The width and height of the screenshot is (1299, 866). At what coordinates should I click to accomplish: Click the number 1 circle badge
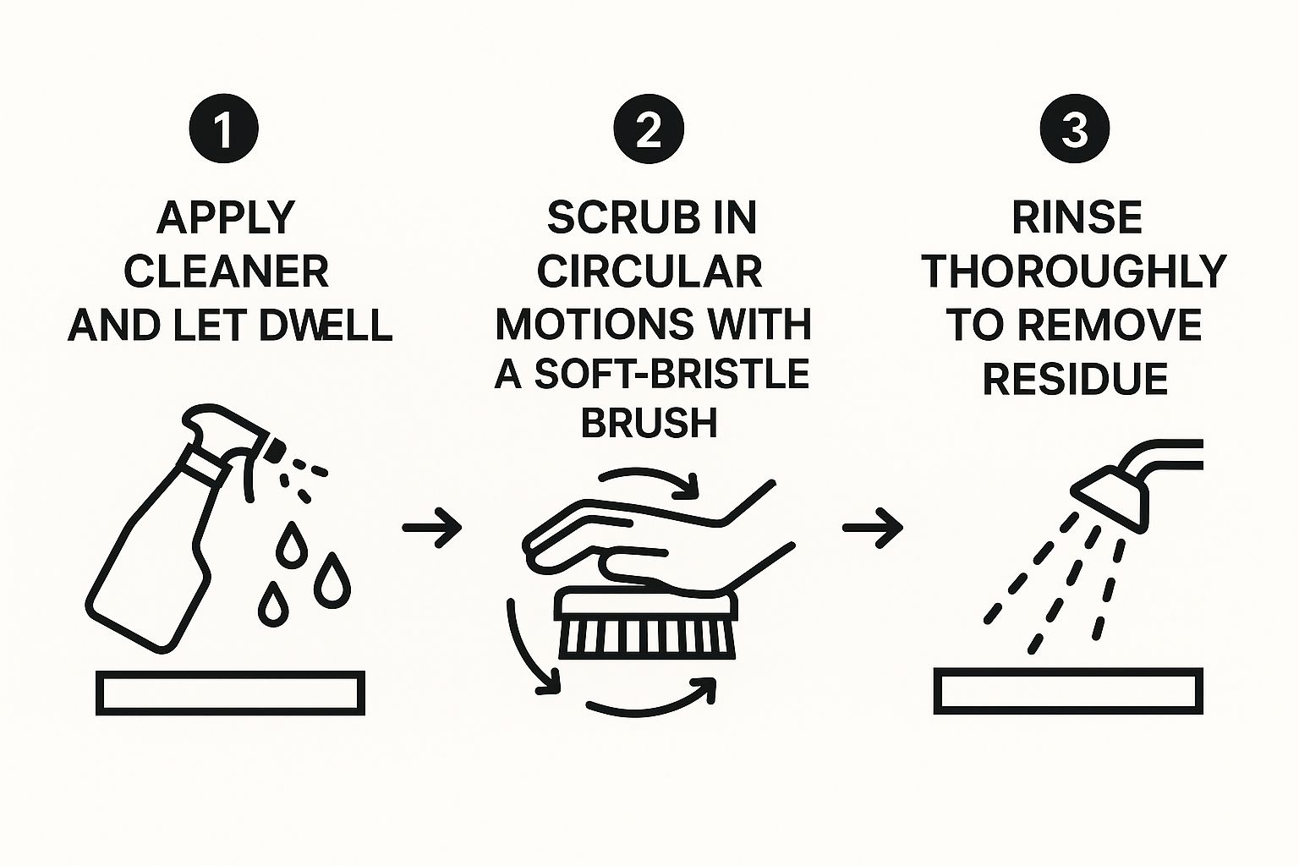click(224, 129)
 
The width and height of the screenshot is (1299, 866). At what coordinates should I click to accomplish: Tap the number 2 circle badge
click(649, 129)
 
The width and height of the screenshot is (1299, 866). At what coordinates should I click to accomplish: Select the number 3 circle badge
click(1075, 129)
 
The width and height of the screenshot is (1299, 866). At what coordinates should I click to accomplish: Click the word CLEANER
click(227, 271)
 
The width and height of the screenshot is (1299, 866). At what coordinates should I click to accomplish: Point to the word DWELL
click(326, 326)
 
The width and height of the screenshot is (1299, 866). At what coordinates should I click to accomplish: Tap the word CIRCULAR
click(649, 271)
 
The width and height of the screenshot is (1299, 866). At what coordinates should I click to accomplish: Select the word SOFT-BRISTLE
click(671, 374)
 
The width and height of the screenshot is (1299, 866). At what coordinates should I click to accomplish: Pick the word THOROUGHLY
click(1074, 271)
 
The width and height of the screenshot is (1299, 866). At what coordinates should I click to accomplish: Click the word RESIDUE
click(1075, 380)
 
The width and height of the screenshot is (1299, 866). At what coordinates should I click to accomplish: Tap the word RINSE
click(1077, 218)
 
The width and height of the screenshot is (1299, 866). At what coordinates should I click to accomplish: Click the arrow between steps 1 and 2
click(432, 528)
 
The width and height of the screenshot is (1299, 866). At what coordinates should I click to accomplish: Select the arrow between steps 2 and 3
click(873, 528)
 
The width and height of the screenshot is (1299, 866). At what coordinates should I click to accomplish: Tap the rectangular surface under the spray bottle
click(230, 693)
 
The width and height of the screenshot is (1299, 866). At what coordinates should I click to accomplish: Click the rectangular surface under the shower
click(1068, 691)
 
